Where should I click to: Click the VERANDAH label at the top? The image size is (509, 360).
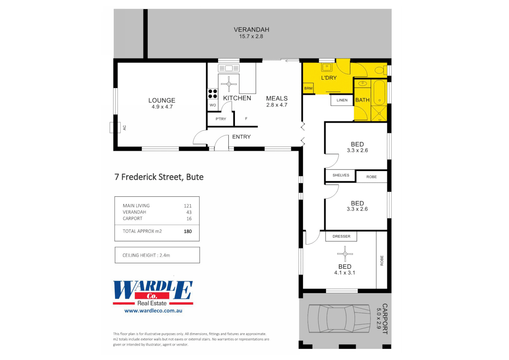click(251, 30)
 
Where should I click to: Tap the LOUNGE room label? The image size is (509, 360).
click(162, 100)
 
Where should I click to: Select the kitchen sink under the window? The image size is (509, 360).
click(229, 68)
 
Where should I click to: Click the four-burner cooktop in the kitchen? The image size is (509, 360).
click(213, 94)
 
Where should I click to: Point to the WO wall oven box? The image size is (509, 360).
click(213, 105)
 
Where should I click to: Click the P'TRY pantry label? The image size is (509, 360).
click(221, 119)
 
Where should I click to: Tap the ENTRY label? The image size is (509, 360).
click(241, 137)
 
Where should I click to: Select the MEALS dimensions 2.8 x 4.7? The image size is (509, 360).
click(277, 105)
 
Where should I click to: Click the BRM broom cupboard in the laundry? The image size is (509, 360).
click(308, 88)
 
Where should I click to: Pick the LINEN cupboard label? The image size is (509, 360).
click(342, 100)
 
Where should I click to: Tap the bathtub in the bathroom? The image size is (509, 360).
click(379, 93)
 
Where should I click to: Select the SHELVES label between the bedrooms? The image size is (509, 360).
click(341, 175)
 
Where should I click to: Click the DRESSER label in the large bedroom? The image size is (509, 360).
click(341, 236)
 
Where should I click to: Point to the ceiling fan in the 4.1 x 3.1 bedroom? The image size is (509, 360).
click(345, 254)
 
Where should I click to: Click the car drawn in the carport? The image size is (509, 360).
click(339, 319)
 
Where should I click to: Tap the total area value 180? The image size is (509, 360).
click(188, 231)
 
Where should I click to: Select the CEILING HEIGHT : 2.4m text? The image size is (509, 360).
click(146, 255)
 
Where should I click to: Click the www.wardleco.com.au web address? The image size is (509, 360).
click(153, 311)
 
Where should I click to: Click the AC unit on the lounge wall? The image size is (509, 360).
click(115, 128)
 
